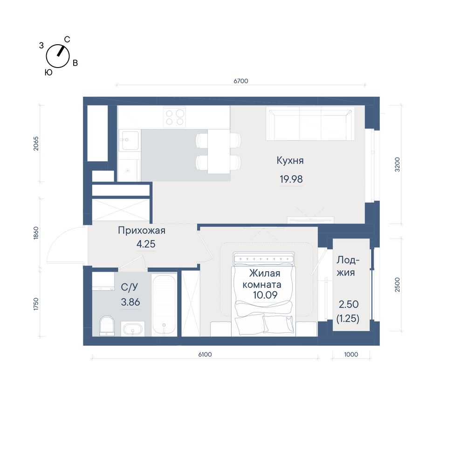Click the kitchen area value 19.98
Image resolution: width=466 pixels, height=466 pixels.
pos(291,179)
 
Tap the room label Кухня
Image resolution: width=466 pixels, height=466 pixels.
pos(290,160)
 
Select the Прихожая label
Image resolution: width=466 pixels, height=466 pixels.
pos(142,230)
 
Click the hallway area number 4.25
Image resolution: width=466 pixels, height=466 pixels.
pos(145,244)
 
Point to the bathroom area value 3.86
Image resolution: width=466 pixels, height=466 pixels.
pos(130,302)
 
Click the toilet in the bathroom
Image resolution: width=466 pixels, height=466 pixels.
pos(107,326)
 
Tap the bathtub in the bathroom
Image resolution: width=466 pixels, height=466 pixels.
pos(164,305)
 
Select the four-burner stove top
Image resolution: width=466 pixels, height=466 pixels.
pos(174,117)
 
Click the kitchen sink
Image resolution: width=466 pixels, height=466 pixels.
pos(130,140)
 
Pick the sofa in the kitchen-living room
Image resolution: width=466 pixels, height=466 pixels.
pos(310,123)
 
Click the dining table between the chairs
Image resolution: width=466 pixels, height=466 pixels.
pos(219,151)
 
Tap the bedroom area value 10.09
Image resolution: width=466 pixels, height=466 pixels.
pos(265,295)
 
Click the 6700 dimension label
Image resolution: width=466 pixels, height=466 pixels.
pos(241,81)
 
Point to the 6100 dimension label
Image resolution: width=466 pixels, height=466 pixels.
pos(205,354)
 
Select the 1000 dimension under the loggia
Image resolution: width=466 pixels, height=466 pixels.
pos(351,354)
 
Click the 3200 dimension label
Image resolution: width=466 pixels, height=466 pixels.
pos(397,164)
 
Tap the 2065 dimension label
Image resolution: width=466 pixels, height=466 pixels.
pos(36,144)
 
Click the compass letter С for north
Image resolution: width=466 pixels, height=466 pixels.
pos(67,40)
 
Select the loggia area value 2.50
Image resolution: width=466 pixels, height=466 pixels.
pos(349,304)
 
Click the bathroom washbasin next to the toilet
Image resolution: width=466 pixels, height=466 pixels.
pos(132,329)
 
